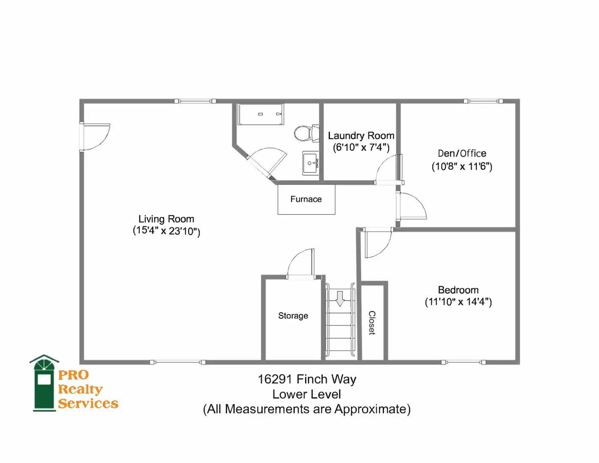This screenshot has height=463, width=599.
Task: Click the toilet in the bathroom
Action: pos(306,133)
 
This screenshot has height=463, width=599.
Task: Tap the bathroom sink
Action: pos(310,163)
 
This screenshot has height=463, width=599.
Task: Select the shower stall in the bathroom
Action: pos(261,114)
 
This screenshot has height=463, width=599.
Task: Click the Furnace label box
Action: pos(306,199)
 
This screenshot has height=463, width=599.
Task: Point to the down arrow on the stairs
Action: pos(340,298)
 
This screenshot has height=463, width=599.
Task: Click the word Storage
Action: pos(293,316)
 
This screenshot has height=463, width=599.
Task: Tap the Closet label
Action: pos(372,323)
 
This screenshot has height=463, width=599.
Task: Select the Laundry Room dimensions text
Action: pos(361,147)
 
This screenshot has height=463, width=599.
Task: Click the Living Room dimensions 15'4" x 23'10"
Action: pos(166,231)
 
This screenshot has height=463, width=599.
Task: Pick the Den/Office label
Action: pos(462,153)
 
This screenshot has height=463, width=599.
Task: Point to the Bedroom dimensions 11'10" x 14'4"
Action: pos(458,302)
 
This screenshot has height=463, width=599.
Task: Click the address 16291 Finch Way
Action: pos(307,379)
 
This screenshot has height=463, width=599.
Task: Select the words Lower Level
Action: pos(306,394)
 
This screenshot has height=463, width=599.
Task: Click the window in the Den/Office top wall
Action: pos(483,101)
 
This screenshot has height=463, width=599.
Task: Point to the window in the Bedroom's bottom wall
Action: pos(463,362)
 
